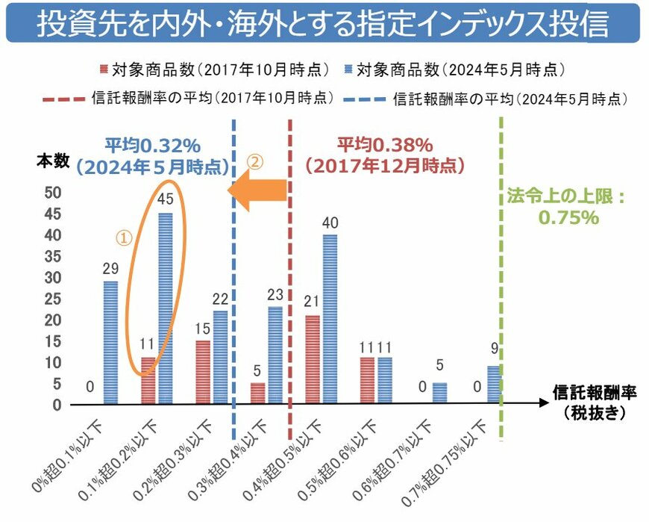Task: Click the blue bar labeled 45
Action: pyautogui.click(x=165, y=308)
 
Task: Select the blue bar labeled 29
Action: pyautogui.click(x=110, y=342)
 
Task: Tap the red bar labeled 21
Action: pyautogui.click(x=313, y=359)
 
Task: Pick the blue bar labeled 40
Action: pyautogui.click(x=330, y=319)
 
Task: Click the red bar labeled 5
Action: pyautogui.click(x=258, y=393)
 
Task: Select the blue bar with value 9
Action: pyautogui.click(x=494, y=385)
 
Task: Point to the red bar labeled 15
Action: pyautogui.click(x=203, y=372)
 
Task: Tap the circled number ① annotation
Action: pyautogui.click(x=125, y=237)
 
